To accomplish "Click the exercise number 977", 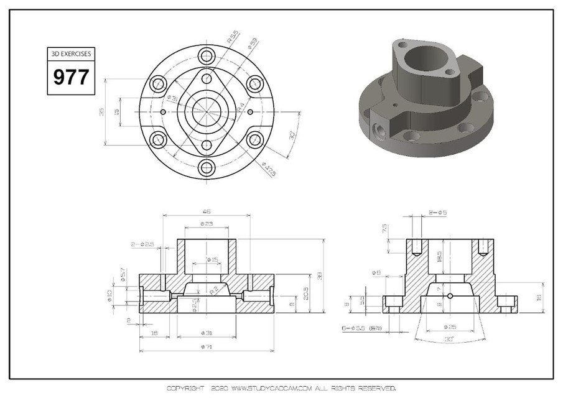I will (x=71, y=77).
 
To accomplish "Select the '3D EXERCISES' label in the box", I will (x=71, y=54).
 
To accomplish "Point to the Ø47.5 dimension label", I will (x=269, y=169).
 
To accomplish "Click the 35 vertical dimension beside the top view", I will (x=101, y=112).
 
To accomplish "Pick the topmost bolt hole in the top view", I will (x=207, y=56).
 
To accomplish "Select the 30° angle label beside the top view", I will (x=292, y=136).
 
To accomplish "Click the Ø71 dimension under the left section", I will (x=206, y=348).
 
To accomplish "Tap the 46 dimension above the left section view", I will (x=206, y=211).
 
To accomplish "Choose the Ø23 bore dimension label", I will (x=206, y=224).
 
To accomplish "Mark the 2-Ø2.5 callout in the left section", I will (x=142, y=244).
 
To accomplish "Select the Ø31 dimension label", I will (x=206, y=333).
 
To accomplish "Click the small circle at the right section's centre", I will (x=450, y=295).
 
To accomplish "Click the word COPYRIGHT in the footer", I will (x=185, y=388).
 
